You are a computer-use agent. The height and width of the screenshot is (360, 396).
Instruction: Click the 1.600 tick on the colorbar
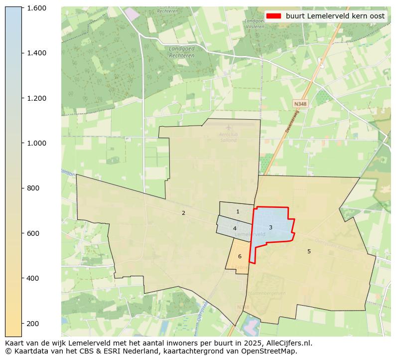coord(36,8)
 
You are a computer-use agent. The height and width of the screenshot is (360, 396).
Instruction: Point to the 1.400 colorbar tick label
coord(36,53)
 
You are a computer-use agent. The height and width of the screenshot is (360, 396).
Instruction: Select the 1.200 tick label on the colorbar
coord(36,98)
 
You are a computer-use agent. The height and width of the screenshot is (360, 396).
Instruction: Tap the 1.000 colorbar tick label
coord(36,143)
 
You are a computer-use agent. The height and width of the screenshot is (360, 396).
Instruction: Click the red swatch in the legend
coord(273,16)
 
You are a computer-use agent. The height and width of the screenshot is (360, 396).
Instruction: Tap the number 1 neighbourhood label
coord(238,211)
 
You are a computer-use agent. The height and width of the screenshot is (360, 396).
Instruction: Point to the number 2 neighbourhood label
coord(183,213)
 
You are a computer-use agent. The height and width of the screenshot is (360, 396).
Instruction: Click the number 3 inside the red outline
coord(270,227)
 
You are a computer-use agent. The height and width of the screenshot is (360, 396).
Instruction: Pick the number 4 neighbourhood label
coord(235,228)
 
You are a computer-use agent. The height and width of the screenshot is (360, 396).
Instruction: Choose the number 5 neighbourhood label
coord(309,251)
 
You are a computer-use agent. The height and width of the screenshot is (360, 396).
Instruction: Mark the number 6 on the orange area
coord(240,256)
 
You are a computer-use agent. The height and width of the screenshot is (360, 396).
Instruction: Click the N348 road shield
coord(300,104)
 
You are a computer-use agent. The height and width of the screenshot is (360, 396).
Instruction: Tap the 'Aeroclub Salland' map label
coord(228,137)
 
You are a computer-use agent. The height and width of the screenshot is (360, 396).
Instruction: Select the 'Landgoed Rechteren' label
coord(182,52)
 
